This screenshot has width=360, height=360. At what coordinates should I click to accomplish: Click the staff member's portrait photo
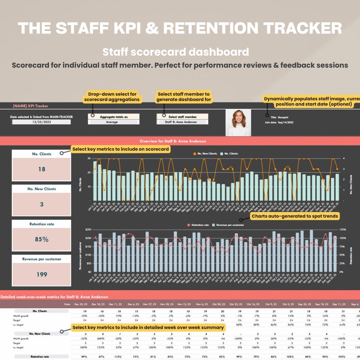coord(238,122)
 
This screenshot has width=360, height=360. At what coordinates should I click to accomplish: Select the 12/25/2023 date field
coord(41,122)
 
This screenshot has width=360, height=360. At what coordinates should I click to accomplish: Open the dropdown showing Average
coord(113,122)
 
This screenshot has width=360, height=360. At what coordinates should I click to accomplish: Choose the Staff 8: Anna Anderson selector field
coord(183,122)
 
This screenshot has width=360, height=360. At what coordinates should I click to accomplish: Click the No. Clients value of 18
coord(41,169)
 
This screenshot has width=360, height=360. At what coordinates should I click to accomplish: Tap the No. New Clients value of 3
coord(41,204)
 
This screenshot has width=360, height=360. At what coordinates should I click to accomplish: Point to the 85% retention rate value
coord(41,239)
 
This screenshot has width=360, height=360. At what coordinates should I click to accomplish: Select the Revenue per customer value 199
coord(41,274)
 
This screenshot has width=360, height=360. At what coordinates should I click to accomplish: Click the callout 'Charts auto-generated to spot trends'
coord(294,217)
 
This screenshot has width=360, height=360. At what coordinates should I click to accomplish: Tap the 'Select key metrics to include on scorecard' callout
coord(121,149)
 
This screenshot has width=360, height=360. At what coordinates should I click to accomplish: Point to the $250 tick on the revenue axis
coord(88,230)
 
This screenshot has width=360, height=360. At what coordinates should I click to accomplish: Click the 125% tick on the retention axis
coord(343,230)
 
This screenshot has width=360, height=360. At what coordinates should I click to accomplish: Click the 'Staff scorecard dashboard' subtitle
coord(175,52)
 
